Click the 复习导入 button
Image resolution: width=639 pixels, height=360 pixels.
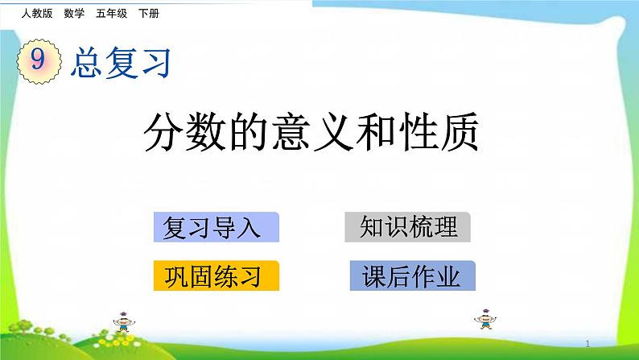[215, 228]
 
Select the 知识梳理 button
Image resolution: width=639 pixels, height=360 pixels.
[408, 227]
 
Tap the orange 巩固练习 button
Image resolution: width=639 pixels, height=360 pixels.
[215, 276]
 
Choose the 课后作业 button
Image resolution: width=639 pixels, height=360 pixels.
[413, 276]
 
